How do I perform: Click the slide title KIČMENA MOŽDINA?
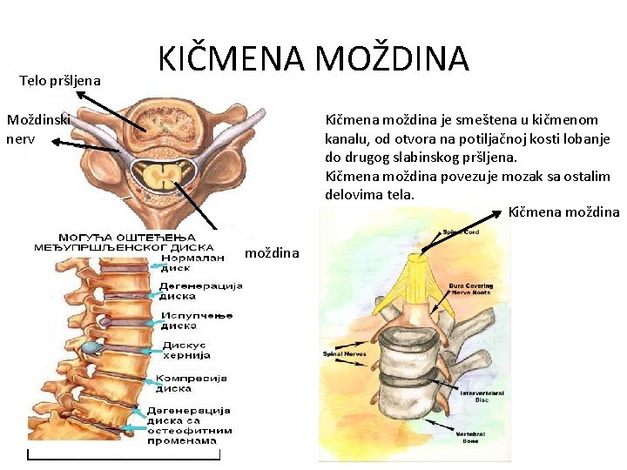[x=313, y=59]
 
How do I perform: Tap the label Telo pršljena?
[x=60, y=81]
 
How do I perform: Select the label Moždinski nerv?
[x=38, y=127]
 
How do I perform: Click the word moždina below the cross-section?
[x=272, y=252]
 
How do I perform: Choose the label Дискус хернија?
[x=184, y=350]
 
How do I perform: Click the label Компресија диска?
[x=191, y=383]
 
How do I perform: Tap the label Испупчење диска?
[x=196, y=319]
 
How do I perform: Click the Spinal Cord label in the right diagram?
[x=461, y=232]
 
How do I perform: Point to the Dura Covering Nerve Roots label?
[x=470, y=290]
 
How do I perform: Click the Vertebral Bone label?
[x=471, y=437]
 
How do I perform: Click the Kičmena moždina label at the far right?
[x=563, y=212]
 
